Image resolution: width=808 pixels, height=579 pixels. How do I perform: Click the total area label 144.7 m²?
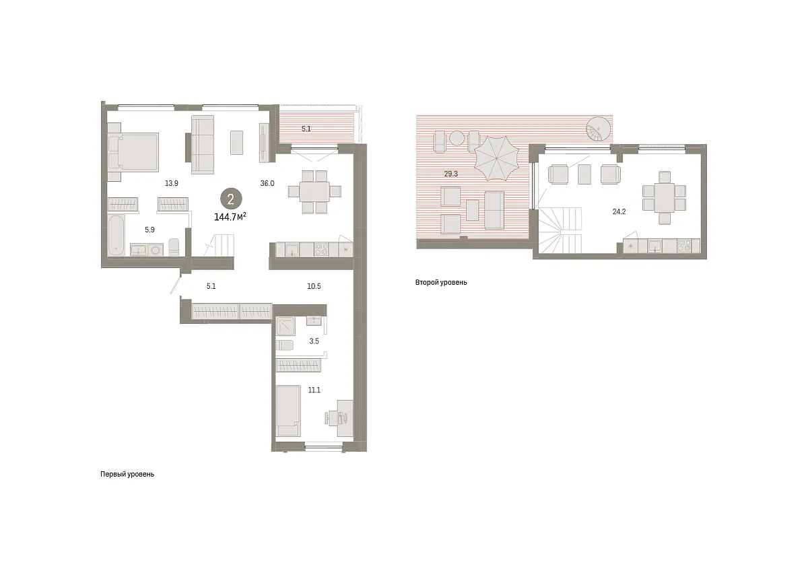pos(230,216)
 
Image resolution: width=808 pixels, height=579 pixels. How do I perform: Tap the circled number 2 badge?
pos(231,199)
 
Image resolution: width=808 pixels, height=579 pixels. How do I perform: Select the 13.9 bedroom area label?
pos(171,183)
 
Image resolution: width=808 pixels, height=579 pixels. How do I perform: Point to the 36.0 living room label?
pos(267,183)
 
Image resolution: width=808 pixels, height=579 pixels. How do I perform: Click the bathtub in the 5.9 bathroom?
pos(116,235)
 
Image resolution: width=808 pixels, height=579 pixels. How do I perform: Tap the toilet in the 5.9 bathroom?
pos(174,247)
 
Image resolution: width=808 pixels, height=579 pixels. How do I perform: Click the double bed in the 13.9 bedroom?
pos(133,151)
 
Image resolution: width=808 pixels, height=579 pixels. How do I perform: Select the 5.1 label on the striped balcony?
pos(306,129)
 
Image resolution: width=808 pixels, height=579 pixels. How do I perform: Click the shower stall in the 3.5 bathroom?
pos(285,325)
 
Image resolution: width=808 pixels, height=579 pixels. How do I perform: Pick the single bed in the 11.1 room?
pos(288,411)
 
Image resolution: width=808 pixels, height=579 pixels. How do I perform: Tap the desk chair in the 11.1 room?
pos(332,419)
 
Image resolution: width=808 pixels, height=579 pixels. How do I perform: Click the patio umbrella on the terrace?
pos(496,158)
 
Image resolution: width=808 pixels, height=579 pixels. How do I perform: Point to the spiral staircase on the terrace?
pos(599,129)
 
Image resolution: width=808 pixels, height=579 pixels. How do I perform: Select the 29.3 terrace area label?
pos(450,174)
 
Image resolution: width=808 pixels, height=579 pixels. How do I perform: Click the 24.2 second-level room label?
pos(619,212)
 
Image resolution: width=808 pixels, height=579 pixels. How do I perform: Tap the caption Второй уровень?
pos(441,283)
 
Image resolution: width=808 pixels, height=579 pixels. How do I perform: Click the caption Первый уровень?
pos(127,474)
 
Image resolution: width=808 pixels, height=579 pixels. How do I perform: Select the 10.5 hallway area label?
pos(314,286)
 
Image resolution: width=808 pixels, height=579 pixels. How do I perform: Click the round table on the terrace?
pos(457,138)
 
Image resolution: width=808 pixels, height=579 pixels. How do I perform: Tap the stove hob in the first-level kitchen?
pos(321,249)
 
